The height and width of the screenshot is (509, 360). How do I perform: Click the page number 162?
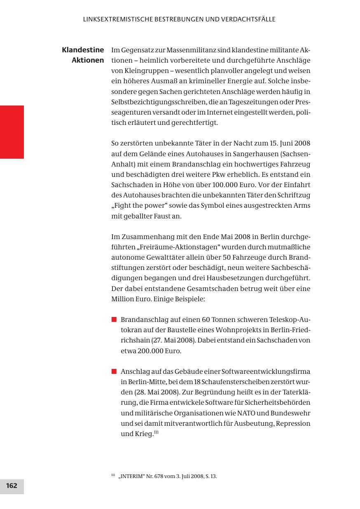click(12, 486)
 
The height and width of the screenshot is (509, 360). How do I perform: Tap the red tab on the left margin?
click(12, 132)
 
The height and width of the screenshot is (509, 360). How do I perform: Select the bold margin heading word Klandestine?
click(83, 50)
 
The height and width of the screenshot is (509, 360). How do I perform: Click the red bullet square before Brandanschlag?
click(114, 320)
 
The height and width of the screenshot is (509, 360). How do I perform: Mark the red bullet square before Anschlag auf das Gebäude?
click(114, 371)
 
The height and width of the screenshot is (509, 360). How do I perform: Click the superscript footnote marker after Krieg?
click(157, 432)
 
